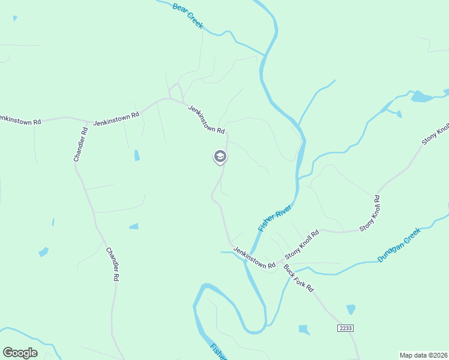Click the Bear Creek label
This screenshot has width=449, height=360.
188,16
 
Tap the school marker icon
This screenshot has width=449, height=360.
220,157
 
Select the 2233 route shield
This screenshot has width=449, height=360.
345,328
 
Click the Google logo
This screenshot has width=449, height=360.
20,353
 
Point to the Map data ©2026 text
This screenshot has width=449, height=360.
423,355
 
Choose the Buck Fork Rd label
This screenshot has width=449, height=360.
299,278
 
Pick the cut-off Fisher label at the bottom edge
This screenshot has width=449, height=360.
218,352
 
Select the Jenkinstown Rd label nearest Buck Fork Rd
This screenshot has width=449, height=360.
254,257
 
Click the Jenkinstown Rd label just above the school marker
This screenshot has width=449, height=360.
206,119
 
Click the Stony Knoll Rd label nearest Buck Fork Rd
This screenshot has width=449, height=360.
302,243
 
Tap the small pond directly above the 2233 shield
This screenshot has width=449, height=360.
351,309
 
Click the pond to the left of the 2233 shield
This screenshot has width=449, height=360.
304,329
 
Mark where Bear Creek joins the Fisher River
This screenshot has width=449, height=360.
264,55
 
